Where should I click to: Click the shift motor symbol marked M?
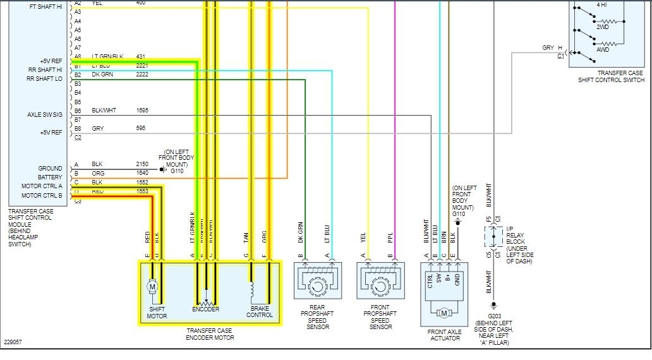152,287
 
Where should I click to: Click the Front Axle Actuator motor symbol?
444,313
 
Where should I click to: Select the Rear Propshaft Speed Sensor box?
318,280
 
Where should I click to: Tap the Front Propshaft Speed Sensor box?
380,280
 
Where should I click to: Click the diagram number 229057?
12,342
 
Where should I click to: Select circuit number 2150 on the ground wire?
142,164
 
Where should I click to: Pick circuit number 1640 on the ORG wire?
142,173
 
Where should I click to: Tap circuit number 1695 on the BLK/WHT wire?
142,111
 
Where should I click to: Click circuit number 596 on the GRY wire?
140,128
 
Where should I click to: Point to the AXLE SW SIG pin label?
45,115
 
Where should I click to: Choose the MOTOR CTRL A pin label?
42,186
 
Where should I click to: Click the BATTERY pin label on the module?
50,177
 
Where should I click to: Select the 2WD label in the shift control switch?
604,27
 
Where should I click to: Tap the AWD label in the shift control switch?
604,49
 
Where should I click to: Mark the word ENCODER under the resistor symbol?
206,309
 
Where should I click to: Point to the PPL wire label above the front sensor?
390,237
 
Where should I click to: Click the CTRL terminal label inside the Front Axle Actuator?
430,281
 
